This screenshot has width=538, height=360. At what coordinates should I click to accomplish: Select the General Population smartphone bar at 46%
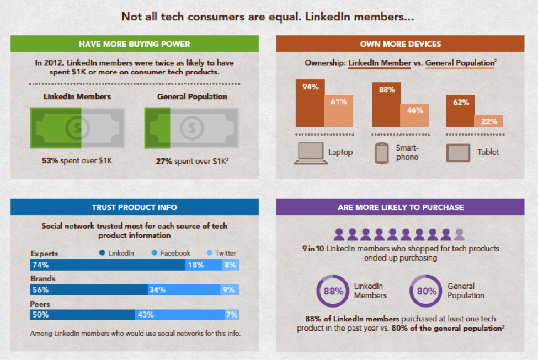click(x=414, y=116)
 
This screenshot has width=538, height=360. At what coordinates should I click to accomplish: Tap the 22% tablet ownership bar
click(x=488, y=121)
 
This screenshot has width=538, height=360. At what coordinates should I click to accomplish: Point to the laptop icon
click(x=309, y=153)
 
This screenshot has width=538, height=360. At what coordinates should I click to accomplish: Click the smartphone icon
click(x=382, y=153)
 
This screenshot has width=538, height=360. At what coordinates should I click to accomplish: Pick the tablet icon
click(x=458, y=153)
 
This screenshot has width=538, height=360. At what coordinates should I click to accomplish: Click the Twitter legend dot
click(x=208, y=253)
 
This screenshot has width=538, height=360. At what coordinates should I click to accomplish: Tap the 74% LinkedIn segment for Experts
click(x=108, y=265)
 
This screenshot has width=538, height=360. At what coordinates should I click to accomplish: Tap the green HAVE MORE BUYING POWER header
click(x=134, y=44)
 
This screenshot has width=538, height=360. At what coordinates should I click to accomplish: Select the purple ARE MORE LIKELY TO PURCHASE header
click(x=400, y=207)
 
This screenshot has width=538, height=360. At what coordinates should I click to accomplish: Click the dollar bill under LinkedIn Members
click(x=77, y=128)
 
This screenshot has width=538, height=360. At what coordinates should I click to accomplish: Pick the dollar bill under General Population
click(x=191, y=128)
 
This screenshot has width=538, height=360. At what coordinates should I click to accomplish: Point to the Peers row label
click(x=40, y=304)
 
